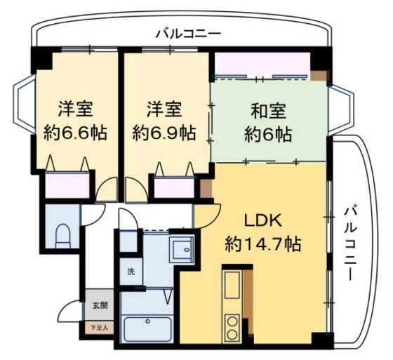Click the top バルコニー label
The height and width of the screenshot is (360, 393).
[x=187, y=33]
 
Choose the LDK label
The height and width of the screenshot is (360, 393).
[x=263, y=220]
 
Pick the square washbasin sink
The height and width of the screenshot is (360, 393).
[x=182, y=248]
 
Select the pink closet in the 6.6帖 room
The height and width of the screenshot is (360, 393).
[x=67, y=185]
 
